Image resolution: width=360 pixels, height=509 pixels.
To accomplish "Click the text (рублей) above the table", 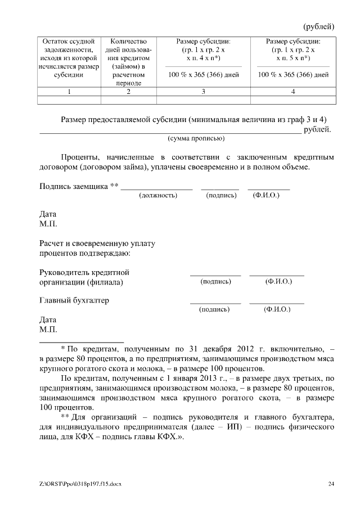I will pyautogui.click(x=319, y=26).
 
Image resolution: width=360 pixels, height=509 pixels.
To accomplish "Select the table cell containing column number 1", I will pyautogui.click(x=69, y=92).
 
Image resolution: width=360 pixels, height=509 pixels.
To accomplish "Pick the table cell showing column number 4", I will pyautogui.click(x=292, y=92).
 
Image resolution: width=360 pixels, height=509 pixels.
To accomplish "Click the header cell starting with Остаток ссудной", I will pyautogui.click(x=69, y=58).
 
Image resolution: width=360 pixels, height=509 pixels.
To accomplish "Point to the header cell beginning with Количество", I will pyautogui.click(x=129, y=62).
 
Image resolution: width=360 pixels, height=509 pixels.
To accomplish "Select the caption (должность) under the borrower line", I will pyautogui.click(x=158, y=195).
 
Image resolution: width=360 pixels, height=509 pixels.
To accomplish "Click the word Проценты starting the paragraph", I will pyautogui.click(x=79, y=156).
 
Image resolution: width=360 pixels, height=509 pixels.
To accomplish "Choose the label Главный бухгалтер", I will pyautogui.click(x=74, y=300).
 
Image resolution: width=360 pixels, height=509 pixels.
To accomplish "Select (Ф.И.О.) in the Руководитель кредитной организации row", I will pyautogui.click(x=278, y=281).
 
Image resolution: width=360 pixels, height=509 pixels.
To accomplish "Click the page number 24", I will pyautogui.click(x=331, y=483).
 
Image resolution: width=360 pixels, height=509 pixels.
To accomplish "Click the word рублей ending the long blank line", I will pyautogui.click(x=317, y=130).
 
